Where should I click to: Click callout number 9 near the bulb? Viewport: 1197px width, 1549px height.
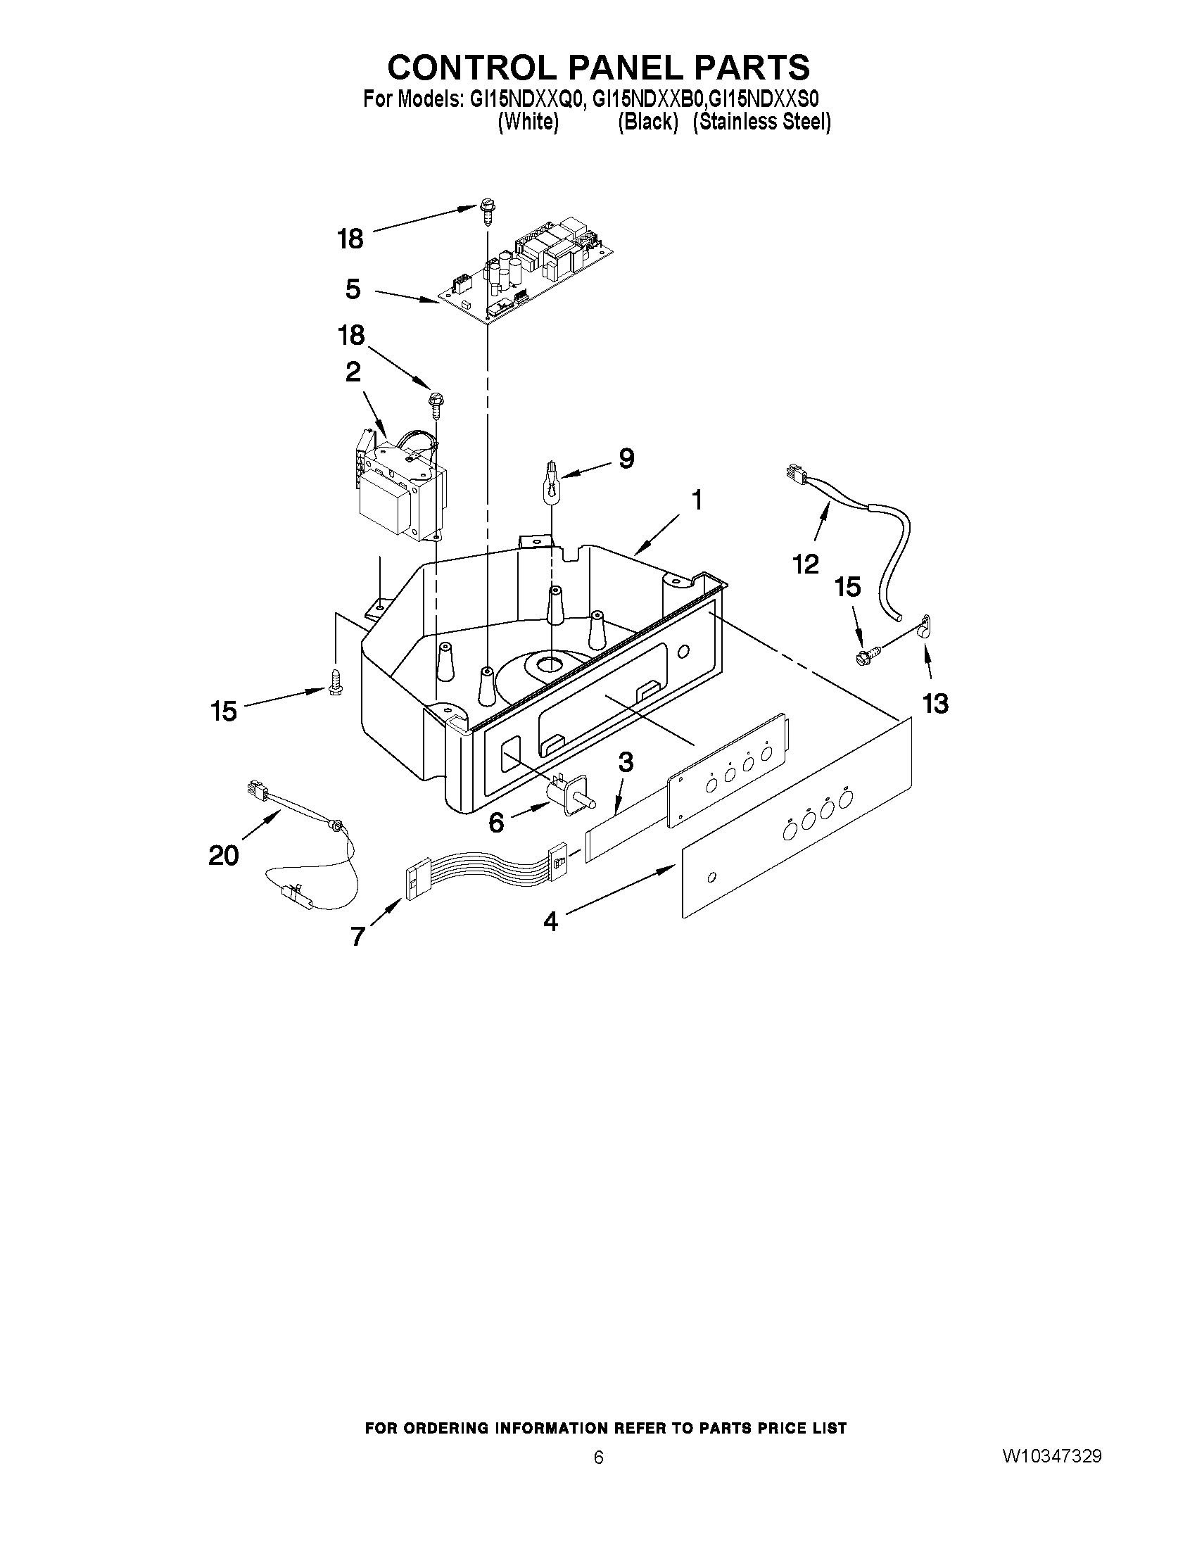[626, 458]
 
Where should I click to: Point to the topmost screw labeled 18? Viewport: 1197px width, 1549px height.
[486, 208]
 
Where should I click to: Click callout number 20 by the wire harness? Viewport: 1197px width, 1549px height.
[223, 856]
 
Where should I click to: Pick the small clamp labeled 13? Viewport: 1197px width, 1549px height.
[923, 626]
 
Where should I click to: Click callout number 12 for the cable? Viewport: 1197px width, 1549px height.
[806, 564]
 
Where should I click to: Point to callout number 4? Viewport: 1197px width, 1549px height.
[550, 922]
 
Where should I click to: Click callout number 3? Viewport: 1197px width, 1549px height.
[625, 762]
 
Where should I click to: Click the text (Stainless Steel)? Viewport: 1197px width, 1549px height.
[761, 122]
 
